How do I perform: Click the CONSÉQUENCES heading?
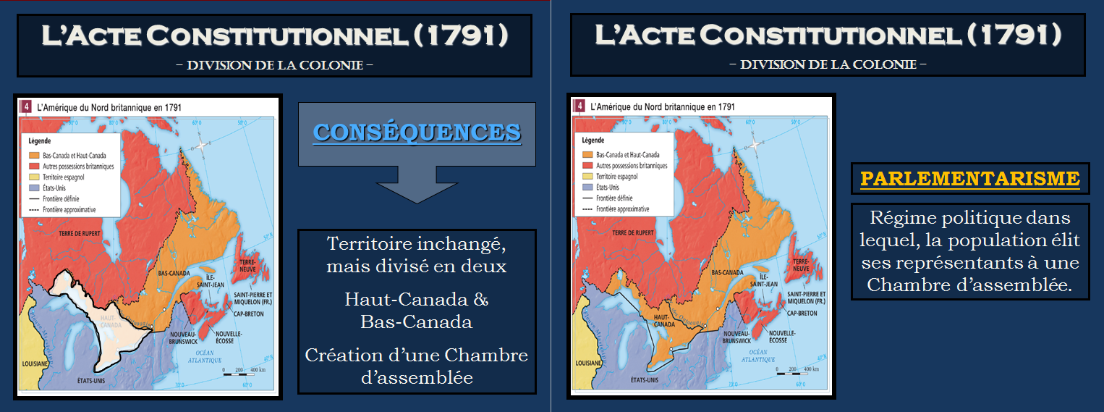point(417,133)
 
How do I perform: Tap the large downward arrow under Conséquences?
point(417,184)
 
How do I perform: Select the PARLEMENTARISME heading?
point(969,178)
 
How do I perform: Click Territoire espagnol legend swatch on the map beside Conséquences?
point(33,176)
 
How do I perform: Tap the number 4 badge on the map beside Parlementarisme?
point(579,106)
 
